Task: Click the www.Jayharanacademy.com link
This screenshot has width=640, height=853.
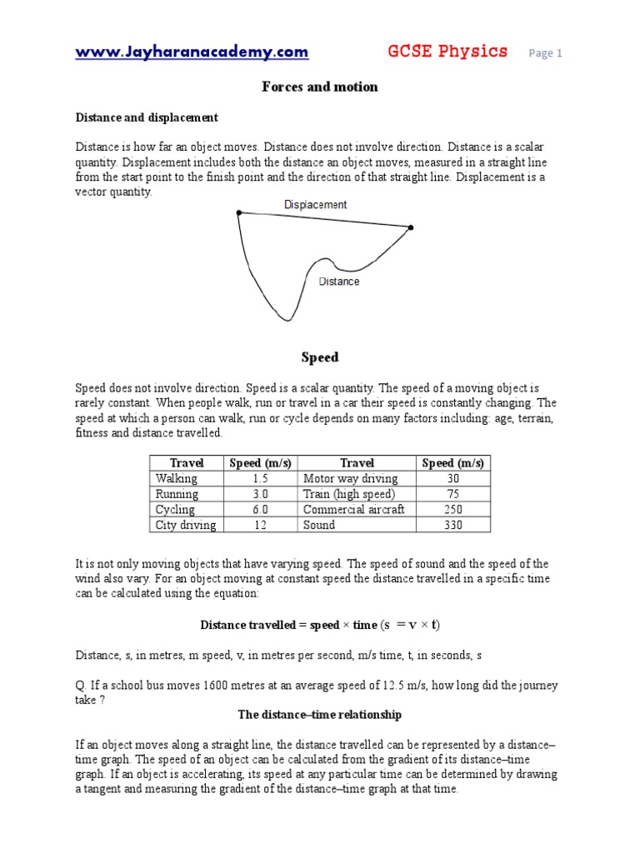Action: pyautogui.click(x=192, y=52)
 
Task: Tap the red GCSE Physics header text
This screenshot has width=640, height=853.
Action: pyautogui.click(x=447, y=52)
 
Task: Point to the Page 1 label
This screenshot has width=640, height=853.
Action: pyautogui.click(x=546, y=53)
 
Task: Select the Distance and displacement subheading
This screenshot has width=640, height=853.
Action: pyautogui.click(x=147, y=117)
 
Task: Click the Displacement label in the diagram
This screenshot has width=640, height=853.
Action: pyautogui.click(x=315, y=204)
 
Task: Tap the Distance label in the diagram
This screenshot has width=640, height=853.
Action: pyautogui.click(x=339, y=282)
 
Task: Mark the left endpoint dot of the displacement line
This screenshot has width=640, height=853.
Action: pyautogui.click(x=239, y=213)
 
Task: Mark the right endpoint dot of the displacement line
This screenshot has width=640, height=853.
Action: pyautogui.click(x=410, y=227)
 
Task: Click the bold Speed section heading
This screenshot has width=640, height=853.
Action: pyautogui.click(x=320, y=357)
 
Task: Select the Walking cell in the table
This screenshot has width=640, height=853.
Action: pyautogui.click(x=177, y=478)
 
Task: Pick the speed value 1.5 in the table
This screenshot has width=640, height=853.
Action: pyautogui.click(x=260, y=478)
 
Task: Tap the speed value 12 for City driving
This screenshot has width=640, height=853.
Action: pyautogui.click(x=260, y=525)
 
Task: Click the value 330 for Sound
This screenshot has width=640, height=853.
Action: pyautogui.click(x=453, y=525)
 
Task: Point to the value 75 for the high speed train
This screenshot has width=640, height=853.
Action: pyautogui.click(x=453, y=494)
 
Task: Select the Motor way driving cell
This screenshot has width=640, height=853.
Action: pyautogui.click(x=350, y=478)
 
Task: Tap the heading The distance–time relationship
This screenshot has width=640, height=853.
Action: pyautogui.click(x=320, y=715)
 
